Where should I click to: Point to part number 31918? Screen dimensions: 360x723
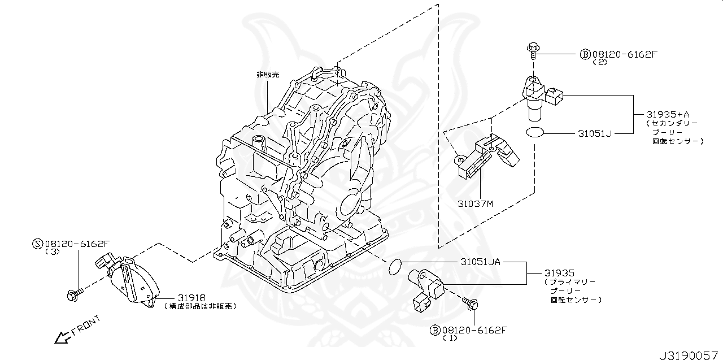191,297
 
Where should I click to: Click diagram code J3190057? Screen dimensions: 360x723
690,353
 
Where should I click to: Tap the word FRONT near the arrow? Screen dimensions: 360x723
86,326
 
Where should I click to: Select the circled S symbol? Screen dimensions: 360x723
38,244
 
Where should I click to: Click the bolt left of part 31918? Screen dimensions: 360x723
74,294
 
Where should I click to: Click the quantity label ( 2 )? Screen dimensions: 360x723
599,63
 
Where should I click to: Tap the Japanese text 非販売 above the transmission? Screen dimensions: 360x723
268,75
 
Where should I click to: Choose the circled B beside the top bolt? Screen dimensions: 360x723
585,55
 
